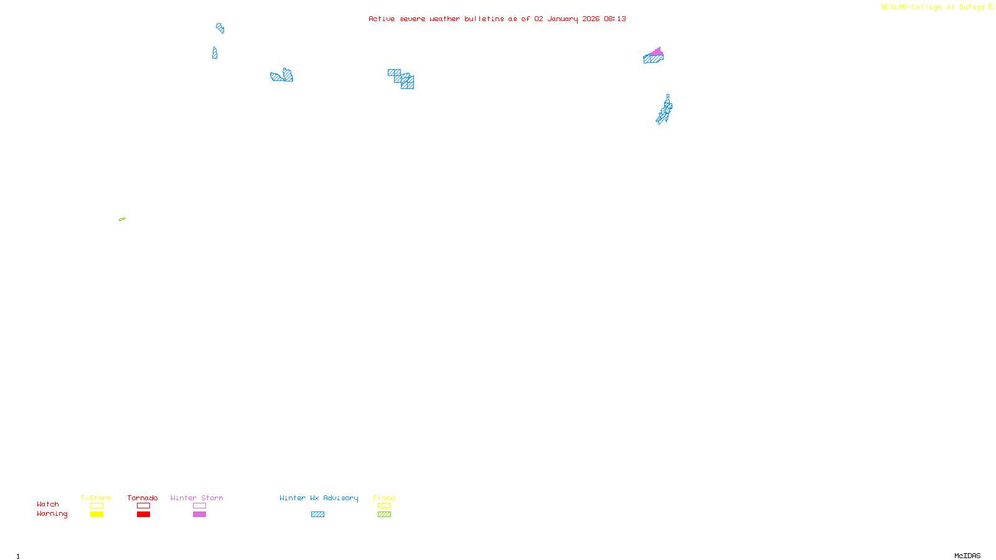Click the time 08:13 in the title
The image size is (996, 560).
pyautogui.click(x=614, y=19)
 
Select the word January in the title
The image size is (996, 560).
pyautogui.click(x=563, y=19)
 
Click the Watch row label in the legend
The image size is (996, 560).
pyautogui.click(x=48, y=504)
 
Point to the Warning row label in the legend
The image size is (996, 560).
pyautogui.click(x=52, y=514)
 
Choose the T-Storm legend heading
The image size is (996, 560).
pyautogui.click(x=96, y=498)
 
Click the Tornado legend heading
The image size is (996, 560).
pyautogui.click(x=143, y=498)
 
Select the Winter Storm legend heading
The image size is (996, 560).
pyautogui.click(x=197, y=498)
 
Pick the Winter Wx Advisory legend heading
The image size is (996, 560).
pyautogui.click(x=319, y=498)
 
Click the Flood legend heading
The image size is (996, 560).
pyautogui.click(x=384, y=498)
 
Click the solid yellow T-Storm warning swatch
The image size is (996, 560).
pyautogui.click(x=96, y=515)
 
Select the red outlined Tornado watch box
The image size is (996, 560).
pyautogui.click(x=143, y=506)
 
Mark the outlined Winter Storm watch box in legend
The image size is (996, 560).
pyautogui.click(x=199, y=506)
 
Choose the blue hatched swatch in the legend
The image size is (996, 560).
pyautogui.click(x=317, y=515)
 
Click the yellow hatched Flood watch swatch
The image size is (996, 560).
pyautogui.click(x=384, y=506)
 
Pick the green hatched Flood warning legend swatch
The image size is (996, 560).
pyautogui.click(x=384, y=515)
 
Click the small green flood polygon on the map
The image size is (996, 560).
pyautogui.click(x=122, y=219)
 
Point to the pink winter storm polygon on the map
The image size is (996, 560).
pyautogui.click(x=657, y=51)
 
